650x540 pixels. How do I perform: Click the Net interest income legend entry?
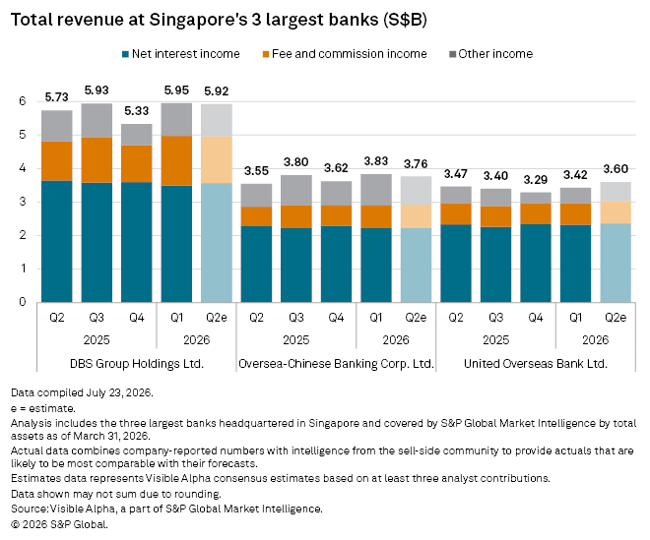point(181,54)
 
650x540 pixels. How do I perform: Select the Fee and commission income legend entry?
point(345,54)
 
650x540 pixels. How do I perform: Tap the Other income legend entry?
point(490,54)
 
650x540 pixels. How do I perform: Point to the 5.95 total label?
point(176,90)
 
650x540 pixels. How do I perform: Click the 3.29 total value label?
point(535,180)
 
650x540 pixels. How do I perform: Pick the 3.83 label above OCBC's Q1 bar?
point(376,161)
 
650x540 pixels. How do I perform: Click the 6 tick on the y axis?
point(22,101)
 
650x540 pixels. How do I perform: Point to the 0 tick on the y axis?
point(22,302)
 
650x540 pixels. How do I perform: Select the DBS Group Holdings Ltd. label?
point(137,364)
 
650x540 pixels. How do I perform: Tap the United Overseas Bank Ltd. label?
point(535,364)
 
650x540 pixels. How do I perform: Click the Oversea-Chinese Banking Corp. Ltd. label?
point(336,364)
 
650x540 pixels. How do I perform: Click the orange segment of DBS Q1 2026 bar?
point(176,160)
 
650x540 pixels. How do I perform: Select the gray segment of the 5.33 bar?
point(137,135)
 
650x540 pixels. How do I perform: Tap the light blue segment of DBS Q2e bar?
point(217,243)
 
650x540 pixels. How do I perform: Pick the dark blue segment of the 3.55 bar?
point(257,265)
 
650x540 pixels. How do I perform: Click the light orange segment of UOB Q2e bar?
point(616,212)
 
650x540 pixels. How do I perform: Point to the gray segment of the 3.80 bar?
point(296,190)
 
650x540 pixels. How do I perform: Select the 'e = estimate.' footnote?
point(43,408)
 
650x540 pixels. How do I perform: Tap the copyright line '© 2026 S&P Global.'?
point(59,524)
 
